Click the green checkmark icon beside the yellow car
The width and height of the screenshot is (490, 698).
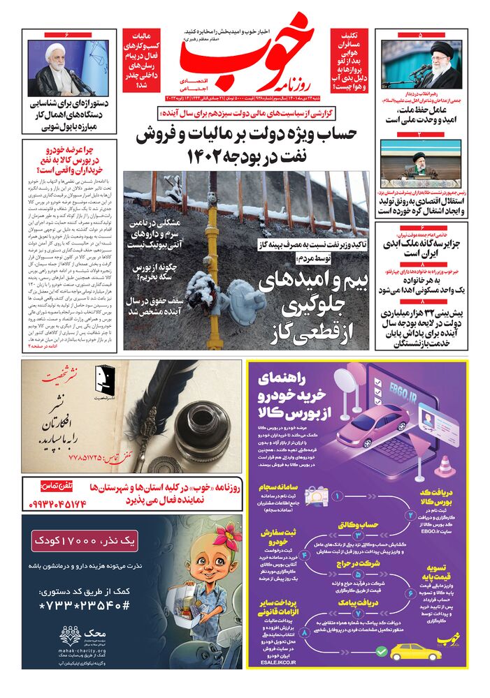click(x=381, y=651)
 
